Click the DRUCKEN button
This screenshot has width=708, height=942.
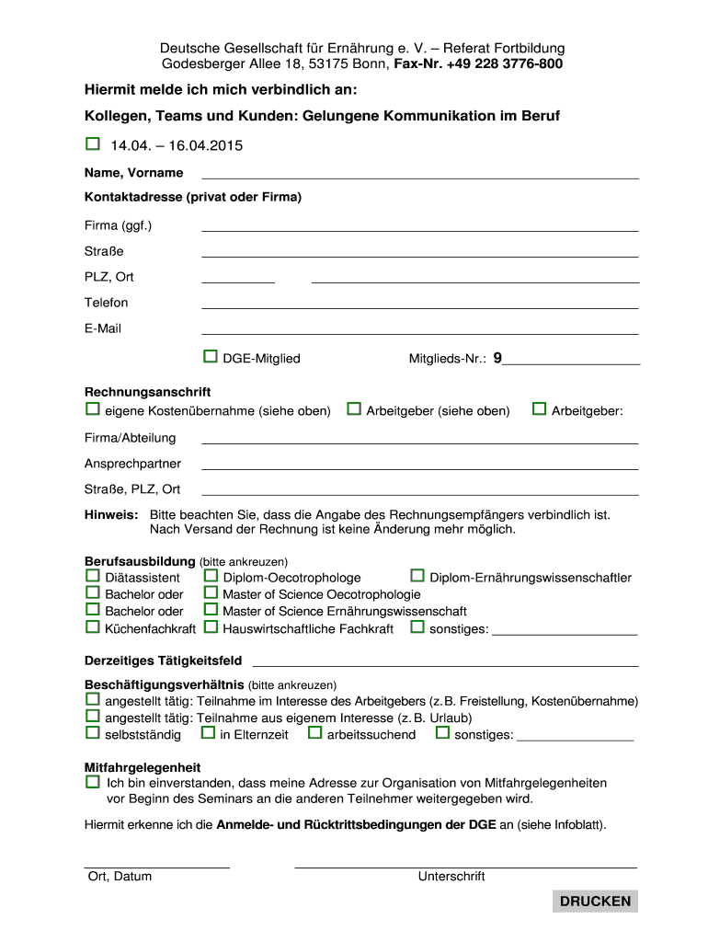coord(595,901)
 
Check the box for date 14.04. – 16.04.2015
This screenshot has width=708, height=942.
coord(92,144)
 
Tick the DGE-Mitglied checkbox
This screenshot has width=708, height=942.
coord(210,357)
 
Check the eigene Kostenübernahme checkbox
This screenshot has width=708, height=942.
coord(92,409)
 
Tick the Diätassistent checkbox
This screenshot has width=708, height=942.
coord(92,577)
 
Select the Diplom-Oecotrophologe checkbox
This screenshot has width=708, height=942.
coord(210,577)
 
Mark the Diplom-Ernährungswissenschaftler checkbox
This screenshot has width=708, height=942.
coord(417,577)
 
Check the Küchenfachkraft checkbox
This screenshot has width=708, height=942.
coord(92,627)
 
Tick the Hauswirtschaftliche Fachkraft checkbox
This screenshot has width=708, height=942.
coord(210,627)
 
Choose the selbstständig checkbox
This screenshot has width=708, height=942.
coord(92,733)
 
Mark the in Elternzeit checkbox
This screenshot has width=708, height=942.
coord(207,733)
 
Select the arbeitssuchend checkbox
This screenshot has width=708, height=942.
coord(314,733)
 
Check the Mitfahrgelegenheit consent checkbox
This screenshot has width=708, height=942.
coord(92,781)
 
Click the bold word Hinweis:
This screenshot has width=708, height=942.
coord(111,514)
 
